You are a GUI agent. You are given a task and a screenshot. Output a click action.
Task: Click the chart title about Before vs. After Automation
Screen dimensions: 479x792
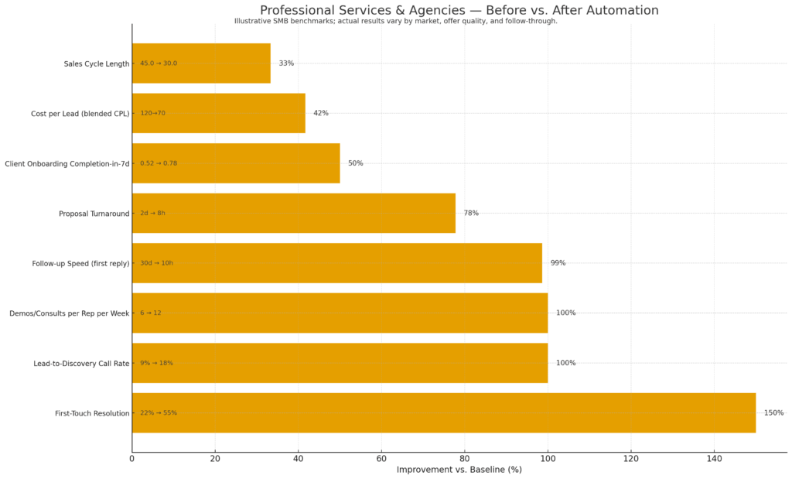tap(459, 10)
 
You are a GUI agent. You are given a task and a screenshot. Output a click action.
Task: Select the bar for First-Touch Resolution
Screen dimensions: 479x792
tap(443, 412)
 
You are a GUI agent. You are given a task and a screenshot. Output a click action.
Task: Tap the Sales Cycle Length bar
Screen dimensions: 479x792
tap(201, 63)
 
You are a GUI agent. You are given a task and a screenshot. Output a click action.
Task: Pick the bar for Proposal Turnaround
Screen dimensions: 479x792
tap(294, 213)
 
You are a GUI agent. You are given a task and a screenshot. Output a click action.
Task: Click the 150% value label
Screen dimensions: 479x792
tap(773, 412)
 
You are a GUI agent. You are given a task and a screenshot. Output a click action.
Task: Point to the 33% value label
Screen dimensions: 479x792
tap(286, 63)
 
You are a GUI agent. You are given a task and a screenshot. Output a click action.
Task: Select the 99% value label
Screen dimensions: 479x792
tap(558, 263)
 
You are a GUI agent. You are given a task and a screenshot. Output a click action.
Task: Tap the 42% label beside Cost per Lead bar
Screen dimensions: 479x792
tap(320, 113)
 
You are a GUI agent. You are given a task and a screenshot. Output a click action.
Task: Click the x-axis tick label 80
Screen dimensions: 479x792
tap(465, 459)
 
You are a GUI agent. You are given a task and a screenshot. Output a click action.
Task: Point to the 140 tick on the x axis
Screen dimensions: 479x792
tap(714, 459)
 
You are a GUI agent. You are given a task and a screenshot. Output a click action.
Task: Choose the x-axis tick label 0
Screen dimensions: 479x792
tap(132, 459)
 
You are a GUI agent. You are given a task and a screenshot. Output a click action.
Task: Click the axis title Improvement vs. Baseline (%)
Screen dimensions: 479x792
tap(459, 470)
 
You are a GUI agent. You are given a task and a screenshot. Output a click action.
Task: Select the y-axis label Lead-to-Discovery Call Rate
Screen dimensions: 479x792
tap(81, 363)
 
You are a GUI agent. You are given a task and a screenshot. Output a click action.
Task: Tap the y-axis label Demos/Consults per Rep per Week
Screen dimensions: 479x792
tap(69, 313)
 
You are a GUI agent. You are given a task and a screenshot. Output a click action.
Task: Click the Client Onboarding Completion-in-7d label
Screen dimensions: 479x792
tap(67, 163)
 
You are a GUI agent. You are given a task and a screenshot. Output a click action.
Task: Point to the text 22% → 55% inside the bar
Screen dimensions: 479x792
tap(159, 412)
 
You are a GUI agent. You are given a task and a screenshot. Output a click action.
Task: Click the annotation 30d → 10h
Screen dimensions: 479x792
tap(156, 263)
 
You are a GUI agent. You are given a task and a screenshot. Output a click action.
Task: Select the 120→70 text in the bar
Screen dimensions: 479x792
tap(152, 113)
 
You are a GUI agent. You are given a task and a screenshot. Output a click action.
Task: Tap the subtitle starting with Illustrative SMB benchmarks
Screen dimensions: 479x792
tap(395, 21)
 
